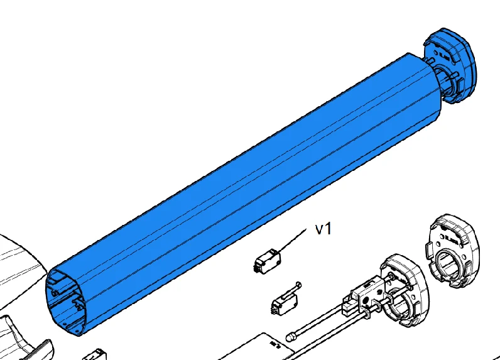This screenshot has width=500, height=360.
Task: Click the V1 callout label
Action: point(323,229)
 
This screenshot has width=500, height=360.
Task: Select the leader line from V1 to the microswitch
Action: point(293,240)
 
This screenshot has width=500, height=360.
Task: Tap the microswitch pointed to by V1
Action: point(267,261)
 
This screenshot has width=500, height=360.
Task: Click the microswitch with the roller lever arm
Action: point(285,300)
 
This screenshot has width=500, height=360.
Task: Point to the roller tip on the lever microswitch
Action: point(298,284)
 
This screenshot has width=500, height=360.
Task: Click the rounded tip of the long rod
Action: point(290,337)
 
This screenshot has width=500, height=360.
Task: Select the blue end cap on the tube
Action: point(450,65)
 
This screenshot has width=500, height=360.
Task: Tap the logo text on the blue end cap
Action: point(445,57)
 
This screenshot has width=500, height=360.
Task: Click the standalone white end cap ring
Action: point(453,251)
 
